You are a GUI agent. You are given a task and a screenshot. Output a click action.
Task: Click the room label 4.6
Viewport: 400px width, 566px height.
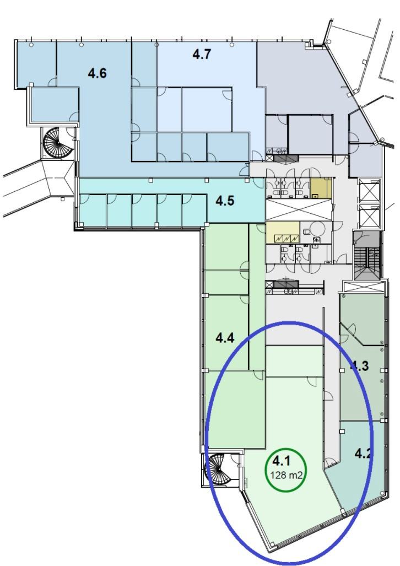[97, 74]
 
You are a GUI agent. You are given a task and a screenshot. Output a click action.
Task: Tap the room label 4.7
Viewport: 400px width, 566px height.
[201, 55]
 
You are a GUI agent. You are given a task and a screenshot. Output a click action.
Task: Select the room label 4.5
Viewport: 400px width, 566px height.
[225, 201]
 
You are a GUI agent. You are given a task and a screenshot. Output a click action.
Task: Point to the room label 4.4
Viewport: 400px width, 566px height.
[225, 338]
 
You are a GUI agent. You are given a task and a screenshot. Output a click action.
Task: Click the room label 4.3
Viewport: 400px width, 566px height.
[360, 365]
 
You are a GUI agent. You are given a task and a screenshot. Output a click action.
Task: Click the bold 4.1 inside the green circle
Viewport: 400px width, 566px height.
[282, 461]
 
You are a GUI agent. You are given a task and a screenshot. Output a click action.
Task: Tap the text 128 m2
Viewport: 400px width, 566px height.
[286, 475]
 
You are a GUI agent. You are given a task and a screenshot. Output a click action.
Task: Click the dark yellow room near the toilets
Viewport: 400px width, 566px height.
[321, 189]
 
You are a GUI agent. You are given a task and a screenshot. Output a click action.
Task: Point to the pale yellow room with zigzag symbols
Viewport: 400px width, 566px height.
[283, 232]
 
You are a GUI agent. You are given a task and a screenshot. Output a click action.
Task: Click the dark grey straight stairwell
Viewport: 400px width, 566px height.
[367, 256]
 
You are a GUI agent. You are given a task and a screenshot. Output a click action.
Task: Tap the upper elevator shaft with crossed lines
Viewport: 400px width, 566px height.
[370, 192]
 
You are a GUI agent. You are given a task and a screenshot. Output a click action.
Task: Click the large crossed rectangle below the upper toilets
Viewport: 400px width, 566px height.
[298, 209]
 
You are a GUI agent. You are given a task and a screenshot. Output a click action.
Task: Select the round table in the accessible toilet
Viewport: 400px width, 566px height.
[318, 229]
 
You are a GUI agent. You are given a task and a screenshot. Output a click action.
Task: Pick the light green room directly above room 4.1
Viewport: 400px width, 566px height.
[294, 361]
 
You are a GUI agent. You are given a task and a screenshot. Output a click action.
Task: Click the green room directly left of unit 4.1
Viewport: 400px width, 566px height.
[235, 409]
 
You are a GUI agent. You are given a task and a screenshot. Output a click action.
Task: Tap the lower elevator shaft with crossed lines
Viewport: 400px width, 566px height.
[370, 218]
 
